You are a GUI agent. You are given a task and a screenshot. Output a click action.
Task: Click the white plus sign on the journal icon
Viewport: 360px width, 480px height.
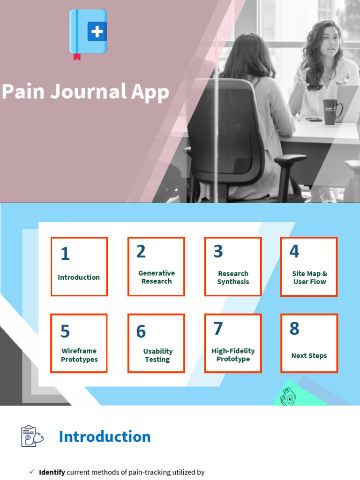click(97, 32)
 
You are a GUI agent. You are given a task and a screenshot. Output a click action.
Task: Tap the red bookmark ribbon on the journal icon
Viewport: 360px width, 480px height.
click(77, 57)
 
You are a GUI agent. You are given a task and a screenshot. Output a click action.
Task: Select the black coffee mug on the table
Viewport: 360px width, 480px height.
click(331, 111)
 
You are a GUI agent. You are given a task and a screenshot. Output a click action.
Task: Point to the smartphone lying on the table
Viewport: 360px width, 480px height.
click(314, 120)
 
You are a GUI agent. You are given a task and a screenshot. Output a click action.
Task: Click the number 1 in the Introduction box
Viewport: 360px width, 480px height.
click(65, 254)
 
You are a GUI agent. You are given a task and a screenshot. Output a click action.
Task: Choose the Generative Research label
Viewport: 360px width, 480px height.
click(157, 277)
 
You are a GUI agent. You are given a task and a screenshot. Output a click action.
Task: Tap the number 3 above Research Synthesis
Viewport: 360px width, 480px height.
click(218, 252)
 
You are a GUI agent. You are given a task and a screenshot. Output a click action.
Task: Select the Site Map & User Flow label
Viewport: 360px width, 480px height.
click(309, 277)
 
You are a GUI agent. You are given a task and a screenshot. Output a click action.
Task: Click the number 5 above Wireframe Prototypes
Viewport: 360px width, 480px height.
click(65, 331)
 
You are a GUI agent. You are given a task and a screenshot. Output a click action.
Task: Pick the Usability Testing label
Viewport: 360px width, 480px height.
click(157, 355)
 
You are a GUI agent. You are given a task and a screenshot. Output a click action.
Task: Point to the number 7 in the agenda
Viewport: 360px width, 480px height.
click(218, 329)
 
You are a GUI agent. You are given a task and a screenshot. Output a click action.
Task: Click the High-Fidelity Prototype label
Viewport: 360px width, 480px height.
click(233, 355)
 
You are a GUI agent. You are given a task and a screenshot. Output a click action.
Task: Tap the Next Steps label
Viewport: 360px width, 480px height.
click(309, 356)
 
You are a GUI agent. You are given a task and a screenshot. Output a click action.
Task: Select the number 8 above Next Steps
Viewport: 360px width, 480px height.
click(294, 329)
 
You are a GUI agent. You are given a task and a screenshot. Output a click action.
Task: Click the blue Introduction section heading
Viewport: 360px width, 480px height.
click(105, 437)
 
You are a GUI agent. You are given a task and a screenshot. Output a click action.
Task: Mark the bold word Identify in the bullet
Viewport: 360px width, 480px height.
click(52, 472)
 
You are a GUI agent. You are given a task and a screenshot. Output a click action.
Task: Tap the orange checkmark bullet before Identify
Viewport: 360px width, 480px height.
click(32, 472)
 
